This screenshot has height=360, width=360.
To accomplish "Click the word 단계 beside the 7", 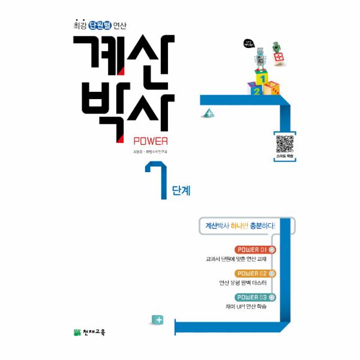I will click(x=181, y=191).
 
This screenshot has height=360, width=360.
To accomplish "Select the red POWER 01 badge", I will click(x=255, y=250).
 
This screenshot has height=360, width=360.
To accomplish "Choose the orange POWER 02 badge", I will click(x=255, y=274).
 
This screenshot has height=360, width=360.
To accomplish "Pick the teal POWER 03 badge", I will click(x=255, y=298).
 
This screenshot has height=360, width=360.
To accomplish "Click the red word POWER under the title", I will click(x=150, y=142).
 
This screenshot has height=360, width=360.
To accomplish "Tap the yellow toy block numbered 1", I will click(x=262, y=78).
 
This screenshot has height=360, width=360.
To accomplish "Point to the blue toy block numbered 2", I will click(x=256, y=91).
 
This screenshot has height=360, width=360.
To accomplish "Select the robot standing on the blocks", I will click(x=260, y=58).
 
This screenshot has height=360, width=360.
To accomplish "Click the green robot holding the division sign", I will click(x=277, y=53).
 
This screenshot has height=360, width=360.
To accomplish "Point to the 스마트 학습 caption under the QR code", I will click(x=285, y=156).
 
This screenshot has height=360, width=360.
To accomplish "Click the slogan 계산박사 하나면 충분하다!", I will click(x=239, y=226).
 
